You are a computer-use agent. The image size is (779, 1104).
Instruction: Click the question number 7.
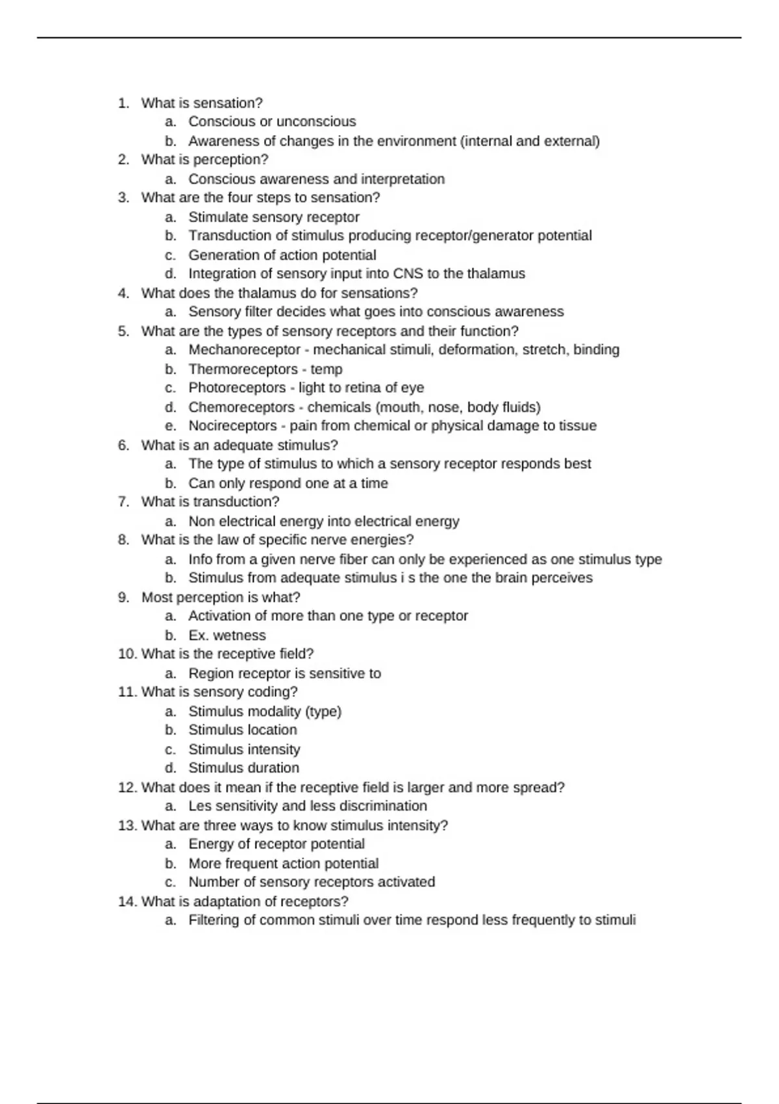123,502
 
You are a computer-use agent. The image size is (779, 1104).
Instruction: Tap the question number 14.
127,901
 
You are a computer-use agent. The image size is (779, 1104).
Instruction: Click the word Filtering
214,920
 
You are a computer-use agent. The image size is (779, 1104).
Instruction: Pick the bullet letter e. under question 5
171,426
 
